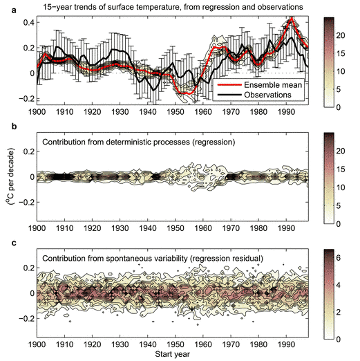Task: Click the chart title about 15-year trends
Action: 173,7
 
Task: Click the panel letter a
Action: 15,10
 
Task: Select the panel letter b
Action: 15,126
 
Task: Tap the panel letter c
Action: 15,243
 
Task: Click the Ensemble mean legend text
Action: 273,85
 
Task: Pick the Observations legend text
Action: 267,95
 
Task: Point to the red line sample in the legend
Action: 229,85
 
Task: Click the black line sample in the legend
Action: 229,95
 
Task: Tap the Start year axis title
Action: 173,354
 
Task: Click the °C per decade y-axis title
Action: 10,176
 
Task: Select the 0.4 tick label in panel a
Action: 29,23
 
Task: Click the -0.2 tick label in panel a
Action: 26,99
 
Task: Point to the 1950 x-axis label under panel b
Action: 176,228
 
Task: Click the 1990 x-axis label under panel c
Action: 286,344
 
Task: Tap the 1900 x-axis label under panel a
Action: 37,112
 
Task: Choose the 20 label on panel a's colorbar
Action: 341,35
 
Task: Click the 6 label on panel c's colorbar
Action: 339,258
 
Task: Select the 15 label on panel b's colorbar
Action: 341,169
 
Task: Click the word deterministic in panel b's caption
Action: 129,142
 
